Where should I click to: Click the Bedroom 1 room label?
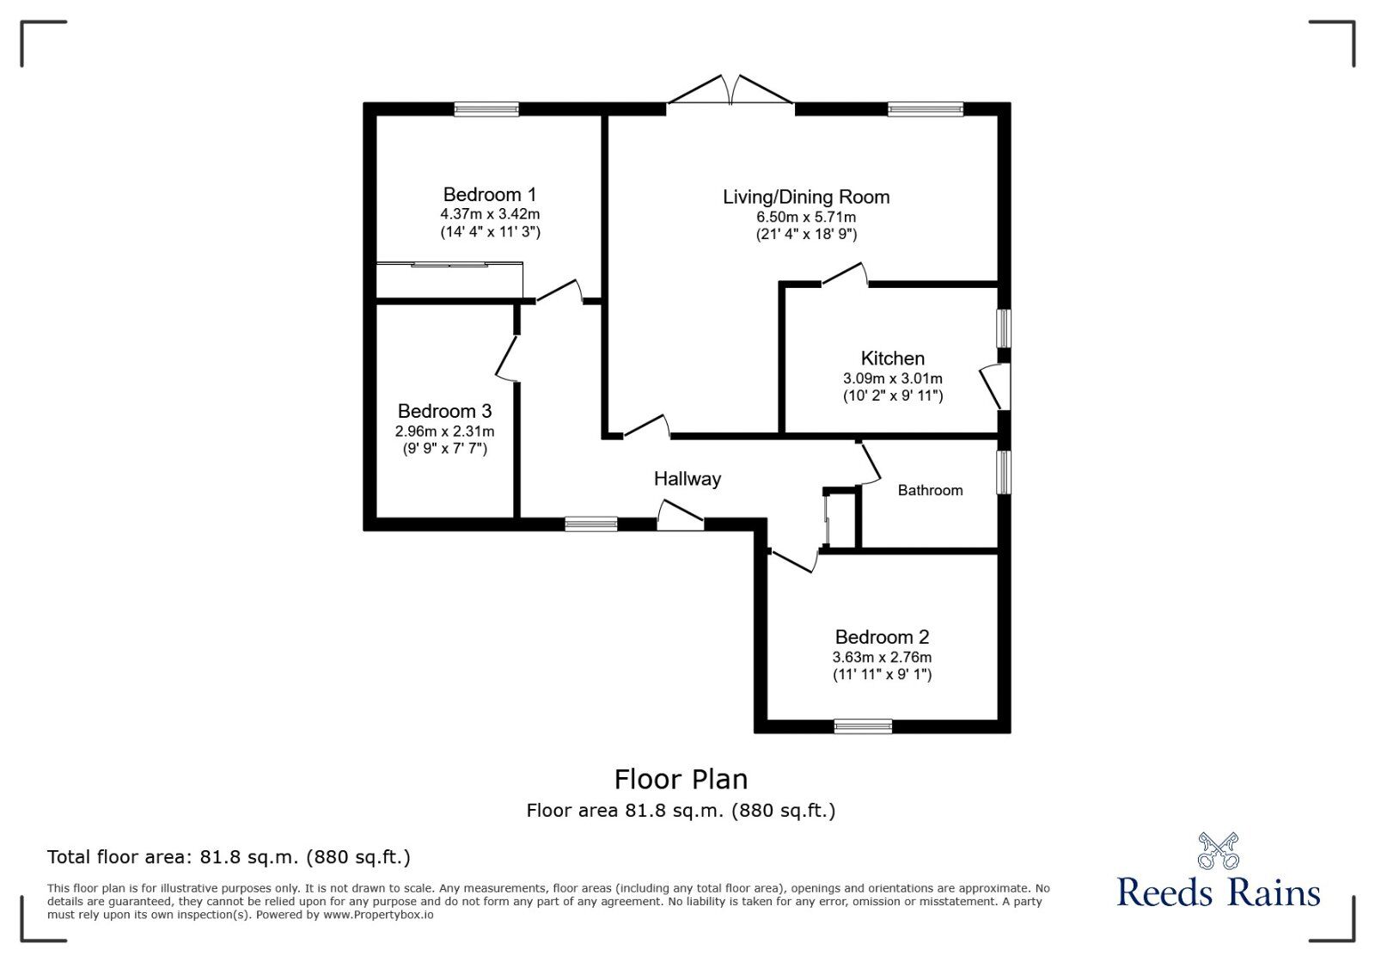coord(490,195)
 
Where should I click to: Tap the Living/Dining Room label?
coord(806,197)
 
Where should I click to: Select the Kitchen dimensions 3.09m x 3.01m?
coord(892,378)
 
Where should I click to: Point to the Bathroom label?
coord(930,490)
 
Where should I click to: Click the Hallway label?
coord(687,479)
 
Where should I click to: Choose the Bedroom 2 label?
coord(882,637)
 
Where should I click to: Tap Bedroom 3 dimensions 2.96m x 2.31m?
coord(444,431)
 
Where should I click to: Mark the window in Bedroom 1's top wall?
coord(486,108)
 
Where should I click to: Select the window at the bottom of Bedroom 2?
coord(863,726)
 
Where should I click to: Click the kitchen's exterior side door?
coord(994,386)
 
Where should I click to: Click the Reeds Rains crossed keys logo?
coord(1218,850)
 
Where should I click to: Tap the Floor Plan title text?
coord(681,780)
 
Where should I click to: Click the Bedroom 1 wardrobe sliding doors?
coord(449,265)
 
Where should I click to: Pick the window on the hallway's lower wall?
coord(591,524)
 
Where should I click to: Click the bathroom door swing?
coord(870,464)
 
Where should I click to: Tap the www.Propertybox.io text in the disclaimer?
coord(378,915)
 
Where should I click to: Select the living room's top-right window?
coord(926,108)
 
